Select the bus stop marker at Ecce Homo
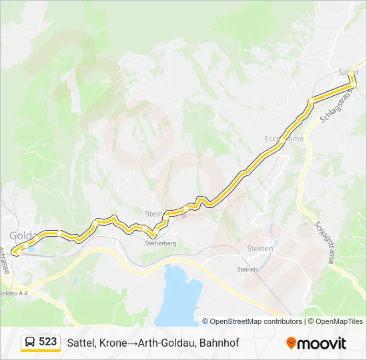point(282,141)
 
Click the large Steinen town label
point(260,249)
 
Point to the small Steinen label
point(247,269)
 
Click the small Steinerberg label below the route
point(160,243)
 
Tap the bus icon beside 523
point(30,342)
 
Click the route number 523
point(47,342)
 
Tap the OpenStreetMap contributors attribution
point(252,321)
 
